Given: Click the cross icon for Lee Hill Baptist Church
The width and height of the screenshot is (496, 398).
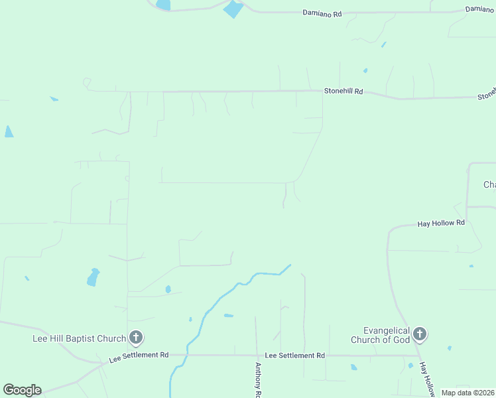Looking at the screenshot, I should [135, 338].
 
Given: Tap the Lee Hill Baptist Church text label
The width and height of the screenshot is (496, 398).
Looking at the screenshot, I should [79, 338].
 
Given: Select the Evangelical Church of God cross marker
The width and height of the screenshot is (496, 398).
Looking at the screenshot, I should [420, 334].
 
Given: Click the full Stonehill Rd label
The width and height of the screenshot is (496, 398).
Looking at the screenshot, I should [343, 91].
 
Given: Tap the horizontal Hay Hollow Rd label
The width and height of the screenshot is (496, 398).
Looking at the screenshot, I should [441, 224].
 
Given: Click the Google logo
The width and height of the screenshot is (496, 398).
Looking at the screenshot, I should [22, 390].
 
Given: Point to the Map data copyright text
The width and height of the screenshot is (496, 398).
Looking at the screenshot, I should [468, 393].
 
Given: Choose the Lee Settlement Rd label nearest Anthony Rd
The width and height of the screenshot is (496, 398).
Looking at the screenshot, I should [294, 356].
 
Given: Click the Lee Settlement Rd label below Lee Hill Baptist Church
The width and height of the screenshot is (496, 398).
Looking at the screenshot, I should [139, 358].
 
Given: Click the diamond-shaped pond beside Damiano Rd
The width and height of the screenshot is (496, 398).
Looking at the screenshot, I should [233, 9].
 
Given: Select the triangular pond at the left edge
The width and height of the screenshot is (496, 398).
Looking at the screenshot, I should [8, 131].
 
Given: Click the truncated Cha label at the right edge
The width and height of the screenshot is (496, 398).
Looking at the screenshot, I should [489, 184].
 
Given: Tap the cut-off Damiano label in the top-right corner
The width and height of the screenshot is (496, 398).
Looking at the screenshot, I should [480, 9].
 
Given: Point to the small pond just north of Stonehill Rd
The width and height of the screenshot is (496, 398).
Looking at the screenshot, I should [365, 70].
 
